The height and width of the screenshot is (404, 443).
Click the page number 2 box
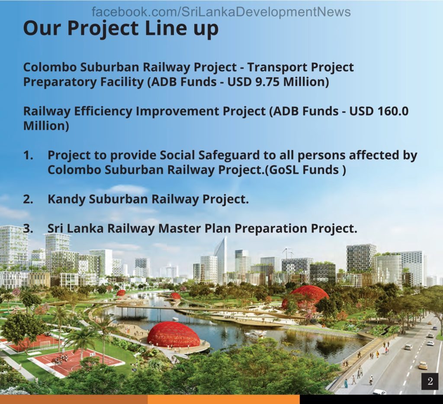pos(430,381)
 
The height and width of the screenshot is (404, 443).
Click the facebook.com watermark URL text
pos(221,12)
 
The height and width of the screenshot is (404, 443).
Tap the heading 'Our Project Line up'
pos(121,29)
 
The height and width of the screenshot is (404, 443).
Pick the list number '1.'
pos(28,155)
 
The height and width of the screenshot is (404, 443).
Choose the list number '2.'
pos(28,199)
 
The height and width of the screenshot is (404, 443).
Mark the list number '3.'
pos(28,228)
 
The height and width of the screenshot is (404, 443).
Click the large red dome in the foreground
pos(173,334)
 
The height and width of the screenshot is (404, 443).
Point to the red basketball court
pos(76,361)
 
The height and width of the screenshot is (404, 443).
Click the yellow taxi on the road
pos(423,365)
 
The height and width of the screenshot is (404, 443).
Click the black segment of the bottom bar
pos(371,400)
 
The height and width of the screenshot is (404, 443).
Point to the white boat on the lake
pos(255,335)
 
